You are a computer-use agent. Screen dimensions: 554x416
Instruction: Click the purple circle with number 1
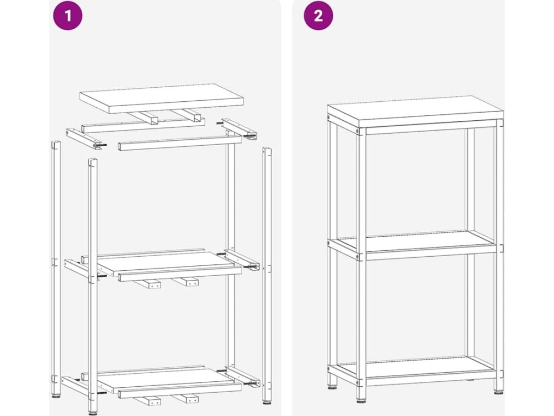(68, 16)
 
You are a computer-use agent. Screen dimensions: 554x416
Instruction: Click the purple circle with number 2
(318, 16)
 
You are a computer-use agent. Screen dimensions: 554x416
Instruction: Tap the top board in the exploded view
(161, 99)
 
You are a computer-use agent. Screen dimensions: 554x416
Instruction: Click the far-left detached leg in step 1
(56, 269)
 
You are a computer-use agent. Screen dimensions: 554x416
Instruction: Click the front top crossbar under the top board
(180, 142)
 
